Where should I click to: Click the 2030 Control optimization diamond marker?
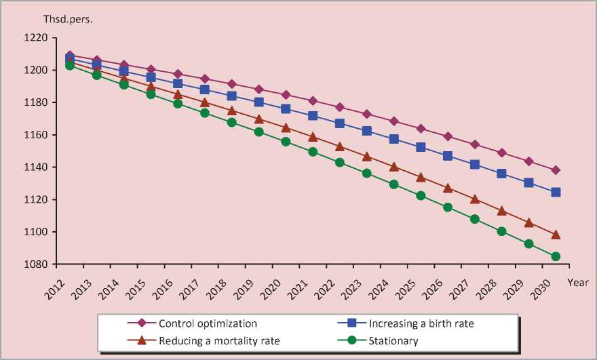(555, 170)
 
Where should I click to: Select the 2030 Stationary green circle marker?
(555, 256)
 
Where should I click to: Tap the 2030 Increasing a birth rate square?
(555, 192)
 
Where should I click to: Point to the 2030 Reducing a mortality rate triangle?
(555, 235)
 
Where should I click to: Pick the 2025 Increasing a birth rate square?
(421, 147)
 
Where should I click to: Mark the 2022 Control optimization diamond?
(340, 107)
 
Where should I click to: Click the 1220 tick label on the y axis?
(35, 38)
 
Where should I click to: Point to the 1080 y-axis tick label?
(35, 264)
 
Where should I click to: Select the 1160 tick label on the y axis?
(35, 135)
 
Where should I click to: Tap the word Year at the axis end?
(578, 281)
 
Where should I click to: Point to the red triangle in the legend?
(141, 340)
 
